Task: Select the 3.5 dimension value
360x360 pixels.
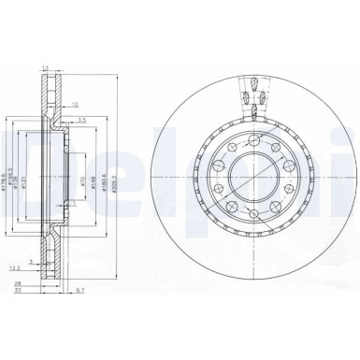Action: point(82,121)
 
